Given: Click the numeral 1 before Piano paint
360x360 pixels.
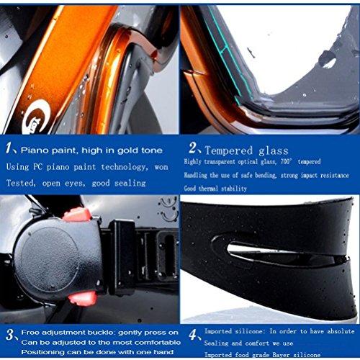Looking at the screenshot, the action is (x=9, y=148).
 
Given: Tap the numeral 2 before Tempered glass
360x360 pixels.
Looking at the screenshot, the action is (x=193, y=148).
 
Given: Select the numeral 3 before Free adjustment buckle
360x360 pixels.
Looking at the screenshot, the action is (x=10, y=334).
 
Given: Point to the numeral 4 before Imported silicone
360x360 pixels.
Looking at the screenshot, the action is (x=193, y=335).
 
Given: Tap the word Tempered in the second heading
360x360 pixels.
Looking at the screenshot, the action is (x=229, y=150).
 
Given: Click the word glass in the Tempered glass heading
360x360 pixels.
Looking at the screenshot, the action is (x=274, y=151).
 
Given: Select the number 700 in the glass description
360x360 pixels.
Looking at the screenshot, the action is (x=285, y=161).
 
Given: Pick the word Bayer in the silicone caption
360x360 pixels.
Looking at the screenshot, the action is (x=281, y=354).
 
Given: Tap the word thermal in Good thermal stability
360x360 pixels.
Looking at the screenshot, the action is (x=208, y=189).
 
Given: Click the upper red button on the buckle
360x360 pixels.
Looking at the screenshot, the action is (x=77, y=214).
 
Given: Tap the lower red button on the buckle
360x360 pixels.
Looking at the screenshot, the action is (x=82, y=298).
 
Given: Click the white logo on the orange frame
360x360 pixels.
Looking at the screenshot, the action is (x=37, y=117).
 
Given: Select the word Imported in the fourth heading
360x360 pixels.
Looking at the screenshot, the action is (x=218, y=331).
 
